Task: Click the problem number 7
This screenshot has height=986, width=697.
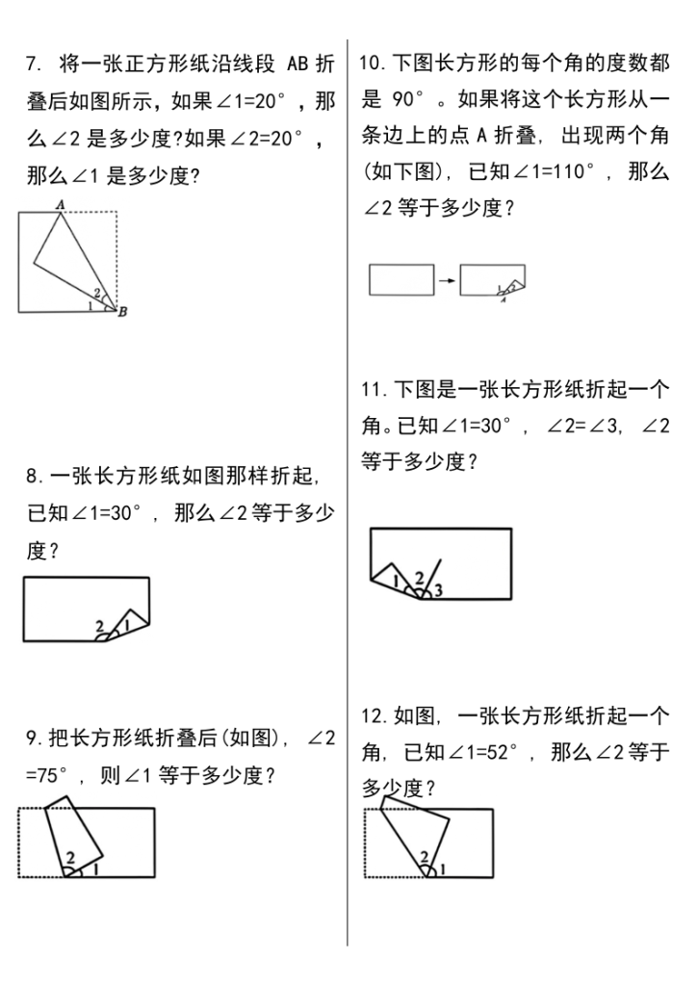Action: pyautogui.click(x=33, y=65)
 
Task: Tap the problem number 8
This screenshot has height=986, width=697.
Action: pyautogui.click(x=33, y=476)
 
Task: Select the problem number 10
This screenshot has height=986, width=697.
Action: pyautogui.click(x=373, y=64)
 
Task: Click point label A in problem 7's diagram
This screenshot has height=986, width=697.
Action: pyautogui.click(x=60, y=204)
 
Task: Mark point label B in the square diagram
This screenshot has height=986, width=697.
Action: pyautogui.click(x=123, y=310)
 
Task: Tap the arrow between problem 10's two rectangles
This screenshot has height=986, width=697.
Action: pyautogui.click(x=447, y=280)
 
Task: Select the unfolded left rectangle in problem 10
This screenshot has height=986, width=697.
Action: pyautogui.click(x=401, y=279)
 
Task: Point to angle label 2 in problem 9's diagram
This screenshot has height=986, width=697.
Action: pyautogui.click(x=70, y=855)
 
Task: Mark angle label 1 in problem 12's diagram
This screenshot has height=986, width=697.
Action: pyautogui.click(x=442, y=869)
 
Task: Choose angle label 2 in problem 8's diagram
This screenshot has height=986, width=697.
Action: pyautogui.click(x=100, y=626)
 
